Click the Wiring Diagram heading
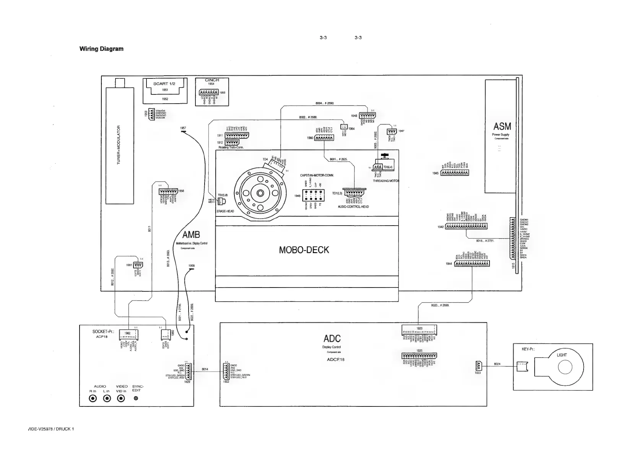point(101,49)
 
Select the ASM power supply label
point(502,127)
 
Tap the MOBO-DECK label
point(304,250)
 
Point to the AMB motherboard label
point(191,234)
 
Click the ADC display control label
point(332,338)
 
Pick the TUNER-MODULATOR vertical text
point(119,145)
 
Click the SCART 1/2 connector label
point(164,84)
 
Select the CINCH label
point(212,80)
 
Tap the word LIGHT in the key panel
point(562,355)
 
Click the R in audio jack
point(93,398)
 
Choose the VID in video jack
point(121,398)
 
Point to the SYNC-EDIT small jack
point(136,398)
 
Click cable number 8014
point(205,369)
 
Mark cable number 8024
point(497,364)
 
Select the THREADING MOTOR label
point(386,181)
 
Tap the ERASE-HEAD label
point(225,211)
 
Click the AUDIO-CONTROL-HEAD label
point(353,207)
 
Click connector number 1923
point(478,373)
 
